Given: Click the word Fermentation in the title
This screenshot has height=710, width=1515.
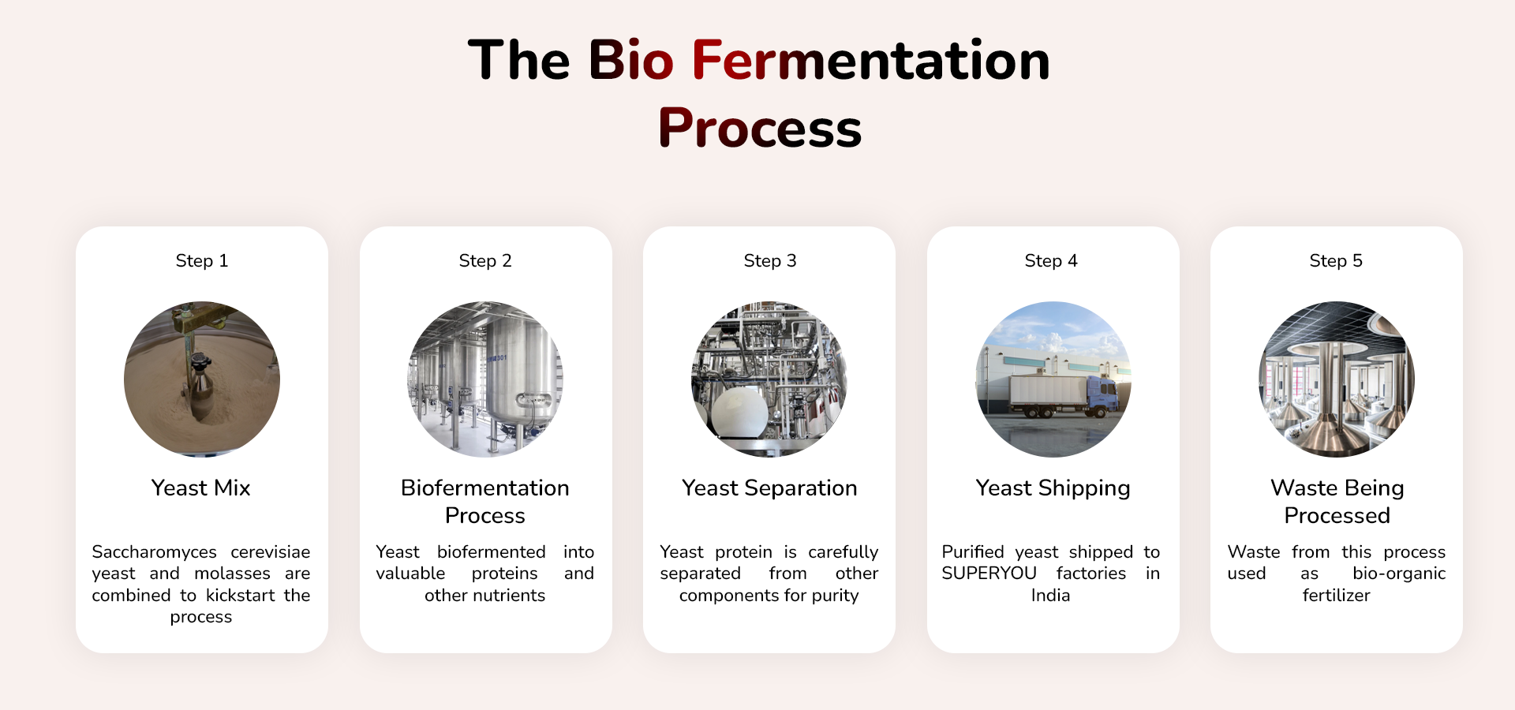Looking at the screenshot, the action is coord(871,61).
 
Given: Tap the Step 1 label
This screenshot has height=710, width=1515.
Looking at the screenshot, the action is coord(202,261).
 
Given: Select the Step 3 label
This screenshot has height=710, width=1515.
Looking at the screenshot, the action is coord(770,261).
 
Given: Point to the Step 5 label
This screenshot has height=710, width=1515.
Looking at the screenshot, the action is coord(1336,261).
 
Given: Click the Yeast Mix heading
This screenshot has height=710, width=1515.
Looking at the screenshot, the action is coord(201,488).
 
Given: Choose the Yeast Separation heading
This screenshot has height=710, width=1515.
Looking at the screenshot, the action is coord(769,488).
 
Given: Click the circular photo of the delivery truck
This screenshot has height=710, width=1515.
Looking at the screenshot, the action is coord(1053,379).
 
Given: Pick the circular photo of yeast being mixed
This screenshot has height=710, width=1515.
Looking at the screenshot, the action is coord(202,379).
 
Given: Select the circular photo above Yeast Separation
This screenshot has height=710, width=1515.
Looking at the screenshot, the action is coord(769,379).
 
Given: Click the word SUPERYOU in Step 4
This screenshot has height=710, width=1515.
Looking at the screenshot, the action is coord(989,574).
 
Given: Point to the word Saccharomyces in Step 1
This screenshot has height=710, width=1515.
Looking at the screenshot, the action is coord(154,552).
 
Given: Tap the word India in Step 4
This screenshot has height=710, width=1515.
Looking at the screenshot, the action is coord(1050,596).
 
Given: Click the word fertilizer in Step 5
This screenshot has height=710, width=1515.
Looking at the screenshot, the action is coord(1336,596).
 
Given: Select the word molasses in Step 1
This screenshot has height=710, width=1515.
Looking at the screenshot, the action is coord(232,574).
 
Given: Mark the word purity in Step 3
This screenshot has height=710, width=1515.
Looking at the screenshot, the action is coord(835,596).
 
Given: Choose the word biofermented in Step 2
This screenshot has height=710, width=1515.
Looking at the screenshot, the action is coord(492,552).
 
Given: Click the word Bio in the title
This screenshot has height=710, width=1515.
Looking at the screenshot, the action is coord(631,61).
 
